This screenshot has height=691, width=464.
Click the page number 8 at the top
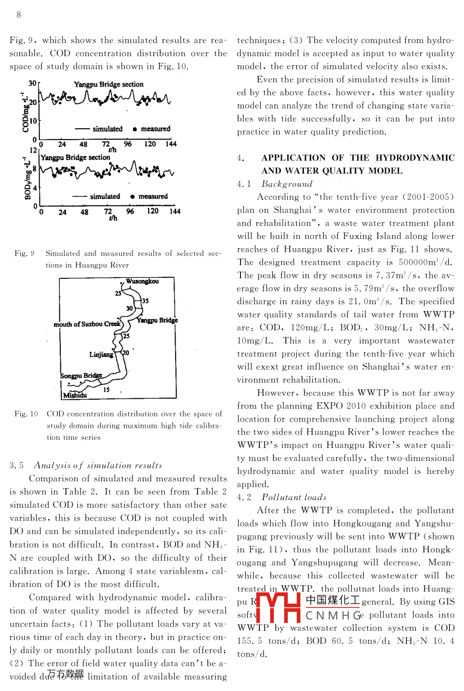click(x=19, y=15)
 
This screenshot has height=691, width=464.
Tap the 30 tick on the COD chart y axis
click(x=32, y=83)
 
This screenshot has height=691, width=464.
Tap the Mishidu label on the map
click(x=74, y=396)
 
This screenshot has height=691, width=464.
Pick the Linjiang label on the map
click(x=101, y=355)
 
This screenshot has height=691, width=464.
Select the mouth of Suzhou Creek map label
click(x=87, y=324)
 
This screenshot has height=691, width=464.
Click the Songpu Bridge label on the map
click(x=81, y=375)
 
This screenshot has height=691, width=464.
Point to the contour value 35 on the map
click(x=145, y=301)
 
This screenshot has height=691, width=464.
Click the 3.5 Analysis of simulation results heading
click(x=86, y=465)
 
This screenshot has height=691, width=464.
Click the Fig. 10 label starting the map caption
click(x=26, y=414)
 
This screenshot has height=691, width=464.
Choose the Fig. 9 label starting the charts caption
click(x=24, y=253)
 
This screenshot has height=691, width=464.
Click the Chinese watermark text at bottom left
click(x=65, y=674)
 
